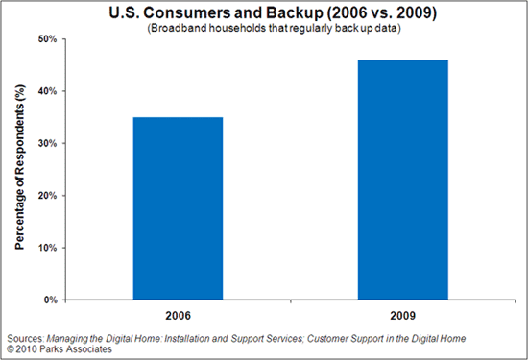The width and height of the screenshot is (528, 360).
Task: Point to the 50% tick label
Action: coord(44,39)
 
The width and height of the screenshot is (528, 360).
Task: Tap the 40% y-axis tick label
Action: coord(44,91)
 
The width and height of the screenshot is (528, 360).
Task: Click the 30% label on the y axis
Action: coord(44,144)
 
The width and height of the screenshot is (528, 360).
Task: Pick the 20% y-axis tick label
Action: coord(44,196)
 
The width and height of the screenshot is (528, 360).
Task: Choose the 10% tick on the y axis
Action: coord(44,248)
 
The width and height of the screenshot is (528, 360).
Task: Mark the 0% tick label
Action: coord(47,300)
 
